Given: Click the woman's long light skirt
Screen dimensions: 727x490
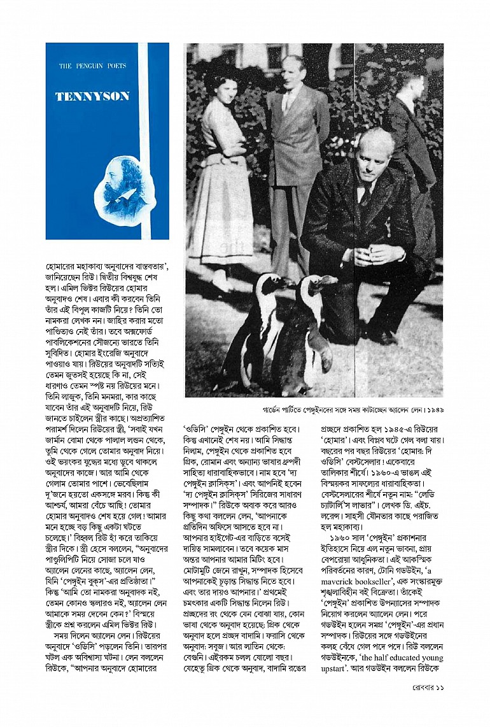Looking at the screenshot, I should (220, 216).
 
